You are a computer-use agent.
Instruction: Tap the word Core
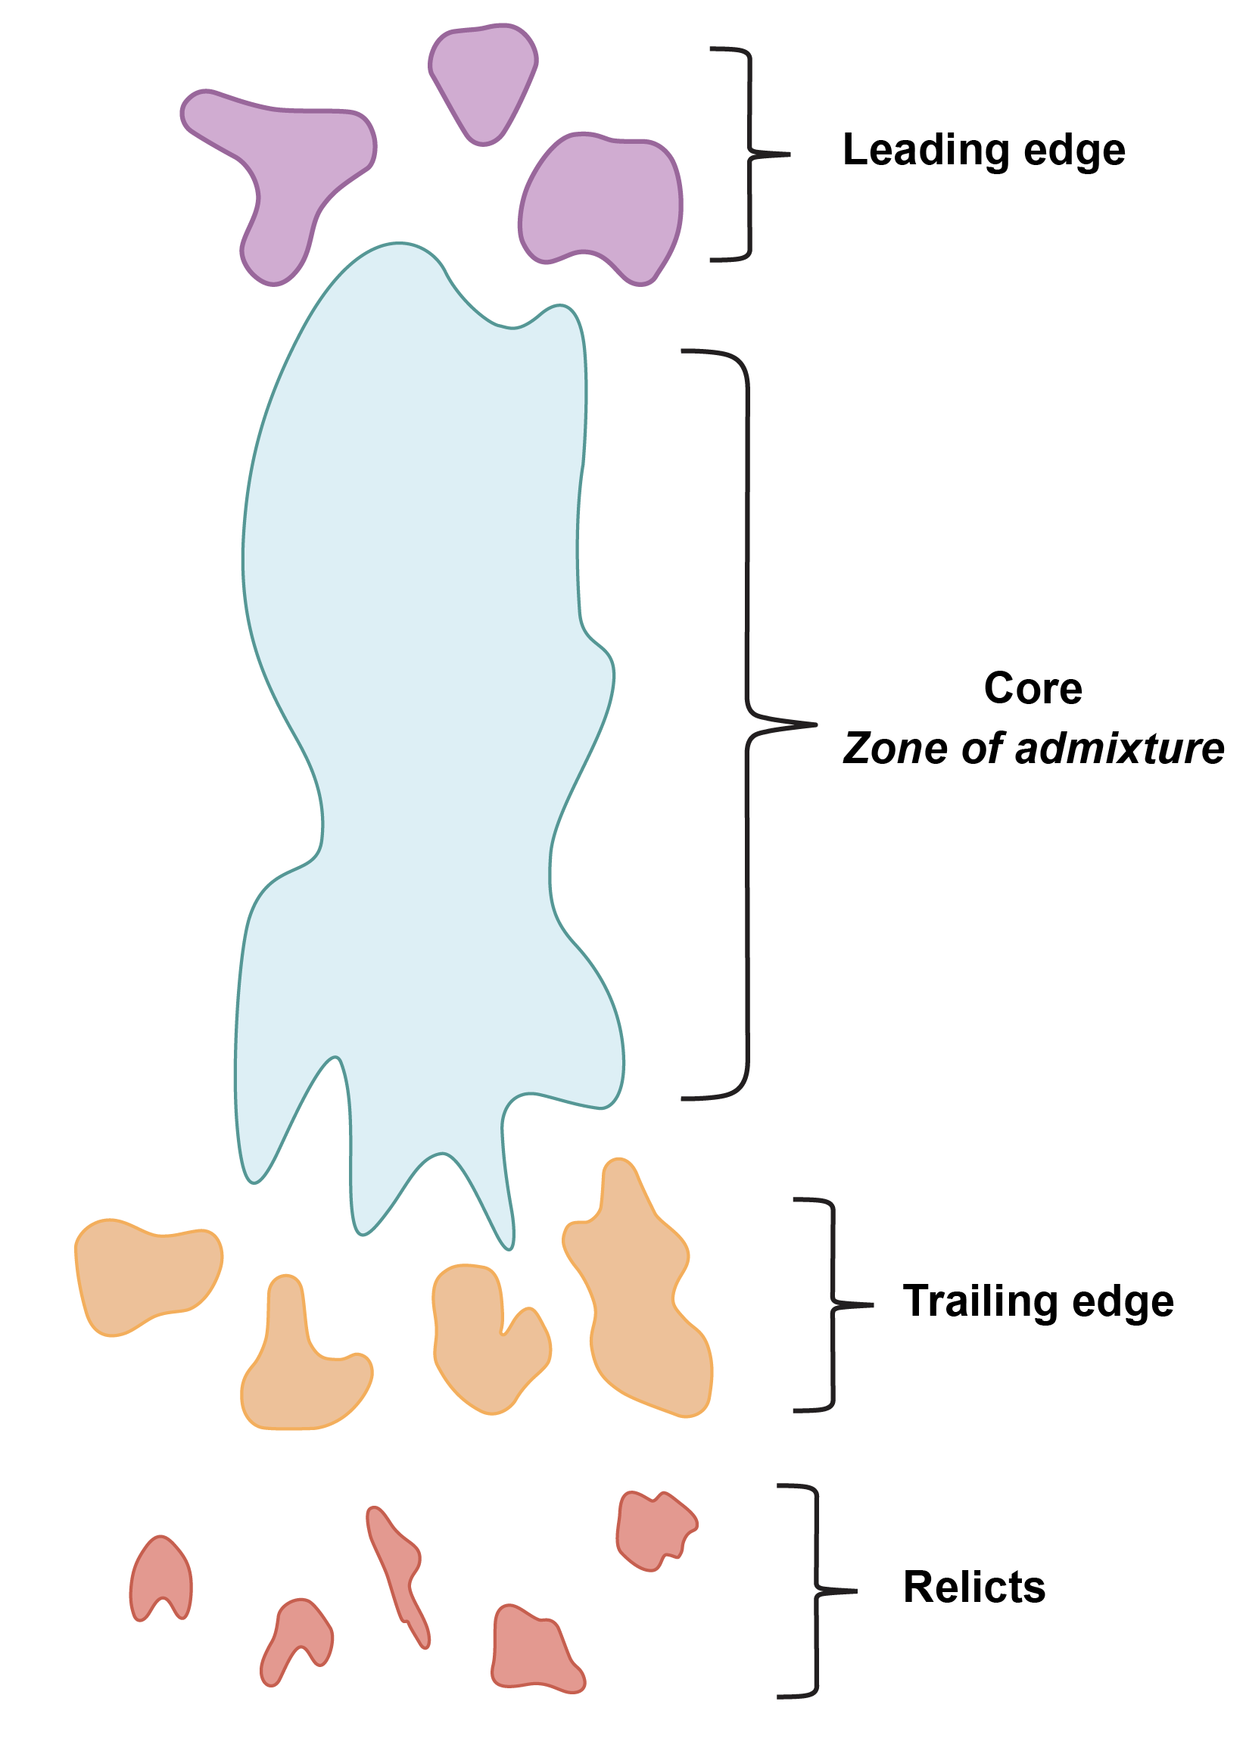tap(1033, 688)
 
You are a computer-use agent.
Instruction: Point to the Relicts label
tap(973, 1587)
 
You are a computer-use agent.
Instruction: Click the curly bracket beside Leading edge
tap(750, 154)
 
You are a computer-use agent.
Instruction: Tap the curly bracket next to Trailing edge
tap(833, 1304)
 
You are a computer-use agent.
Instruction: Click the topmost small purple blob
tap(484, 80)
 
